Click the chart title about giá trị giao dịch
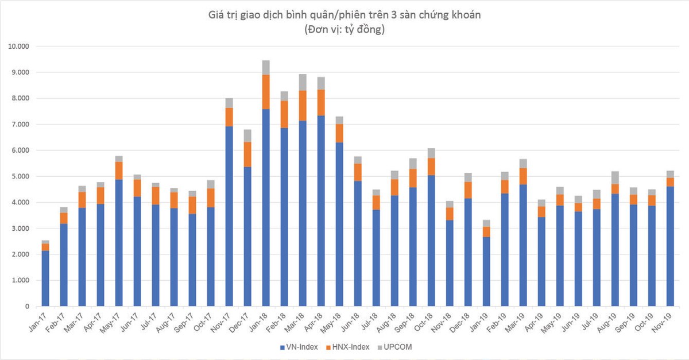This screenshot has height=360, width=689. (344, 16)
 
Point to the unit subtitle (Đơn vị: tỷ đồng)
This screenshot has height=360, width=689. (344, 30)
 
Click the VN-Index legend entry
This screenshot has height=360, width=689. (301, 347)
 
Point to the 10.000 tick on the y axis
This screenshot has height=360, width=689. (20, 47)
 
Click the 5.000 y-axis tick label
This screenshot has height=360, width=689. (21, 176)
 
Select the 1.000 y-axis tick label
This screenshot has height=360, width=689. (21, 280)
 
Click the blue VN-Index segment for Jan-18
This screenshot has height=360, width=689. (266, 207)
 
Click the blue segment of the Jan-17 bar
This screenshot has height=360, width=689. (45, 278)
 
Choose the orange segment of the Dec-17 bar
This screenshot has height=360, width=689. (247, 154)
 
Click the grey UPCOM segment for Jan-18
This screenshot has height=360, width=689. (266, 68)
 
